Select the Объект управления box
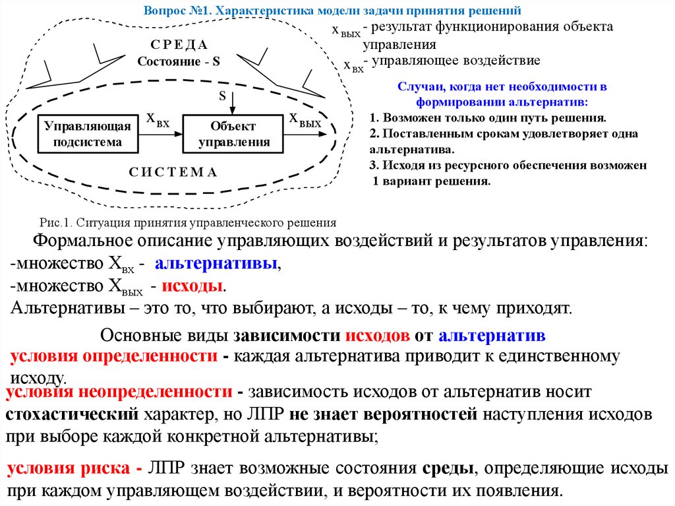(x=233, y=134)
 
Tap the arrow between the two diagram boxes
(x=160, y=134)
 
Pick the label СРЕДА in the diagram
(x=179, y=45)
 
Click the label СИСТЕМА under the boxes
(x=173, y=172)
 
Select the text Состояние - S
(x=179, y=61)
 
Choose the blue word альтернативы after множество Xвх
(x=217, y=265)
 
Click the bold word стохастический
(x=72, y=415)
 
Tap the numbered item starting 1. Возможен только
(x=487, y=118)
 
